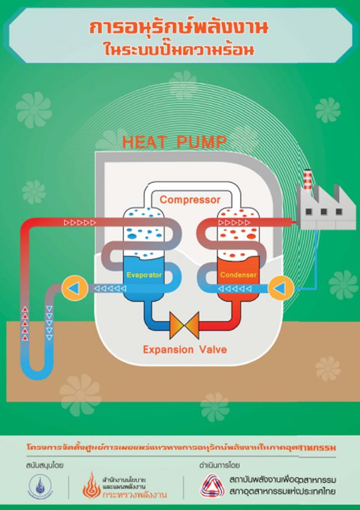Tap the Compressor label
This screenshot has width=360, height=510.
[x=190, y=200]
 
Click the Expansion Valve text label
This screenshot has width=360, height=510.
[x=184, y=350]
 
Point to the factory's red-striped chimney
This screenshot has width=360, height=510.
[x=308, y=180]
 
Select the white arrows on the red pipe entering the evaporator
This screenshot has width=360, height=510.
[x=80, y=223]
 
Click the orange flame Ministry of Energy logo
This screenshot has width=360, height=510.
[x=92, y=486]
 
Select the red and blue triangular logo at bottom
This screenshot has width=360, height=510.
[x=211, y=485]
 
